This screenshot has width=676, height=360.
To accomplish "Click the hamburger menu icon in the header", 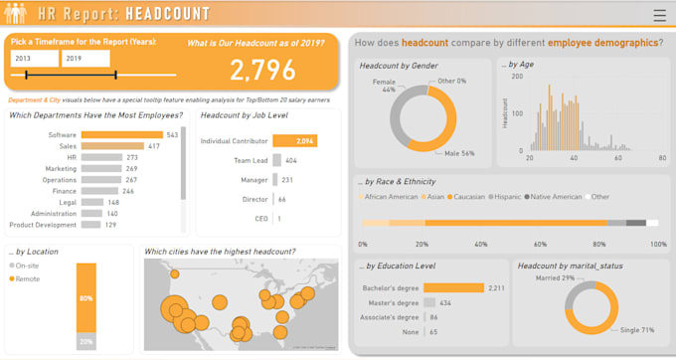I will [x=660, y=16].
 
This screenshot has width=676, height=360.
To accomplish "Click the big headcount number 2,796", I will [x=262, y=70].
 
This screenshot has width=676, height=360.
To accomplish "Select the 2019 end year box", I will [x=86, y=60].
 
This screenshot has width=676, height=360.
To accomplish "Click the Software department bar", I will [x=121, y=134].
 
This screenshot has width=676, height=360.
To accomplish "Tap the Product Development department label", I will [x=41, y=225].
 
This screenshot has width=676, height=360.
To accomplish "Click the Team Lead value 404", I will [x=291, y=160].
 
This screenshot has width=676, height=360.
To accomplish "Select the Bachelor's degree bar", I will [x=453, y=287].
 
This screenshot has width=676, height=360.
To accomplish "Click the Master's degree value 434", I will [x=445, y=302].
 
